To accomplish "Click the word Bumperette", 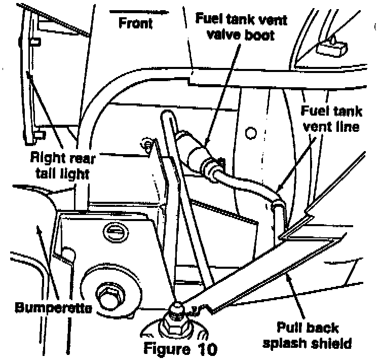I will (x=51, y=307).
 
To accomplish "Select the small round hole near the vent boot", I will (x=249, y=133).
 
